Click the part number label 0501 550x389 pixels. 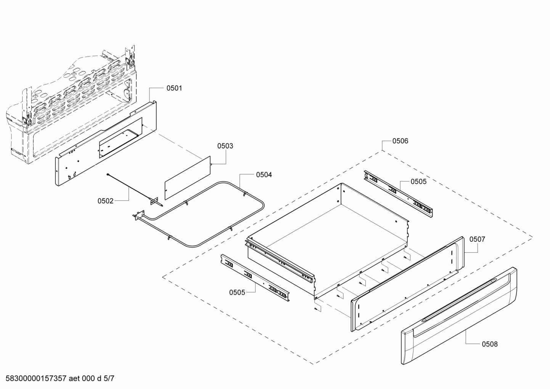[174, 88]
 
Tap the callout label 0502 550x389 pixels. [106, 201]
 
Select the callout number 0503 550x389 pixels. [225, 146]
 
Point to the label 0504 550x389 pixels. [264, 175]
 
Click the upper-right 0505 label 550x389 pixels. [418, 182]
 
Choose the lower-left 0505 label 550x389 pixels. [237, 292]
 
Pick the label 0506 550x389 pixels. [400, 141]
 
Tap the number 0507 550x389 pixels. [477, 239]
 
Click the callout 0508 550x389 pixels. [490, 344]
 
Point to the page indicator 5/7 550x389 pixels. [109, 379]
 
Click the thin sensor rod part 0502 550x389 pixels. [130, 187]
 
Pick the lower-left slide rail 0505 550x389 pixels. [255, 276]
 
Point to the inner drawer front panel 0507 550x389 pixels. [408, 283]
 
